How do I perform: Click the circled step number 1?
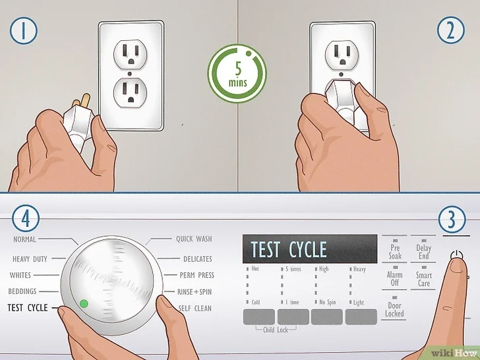point(23,30)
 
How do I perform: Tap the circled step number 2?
point(450,30)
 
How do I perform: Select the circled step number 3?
point(452,219)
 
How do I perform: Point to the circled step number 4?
point(26,219)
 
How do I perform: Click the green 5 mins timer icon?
point(237,73)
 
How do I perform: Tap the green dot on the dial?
point(84,304)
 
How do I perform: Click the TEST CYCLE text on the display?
point(289,249)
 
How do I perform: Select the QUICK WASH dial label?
point(194,239)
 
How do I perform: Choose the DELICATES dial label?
point(198,259)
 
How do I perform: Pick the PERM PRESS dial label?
point(197,275)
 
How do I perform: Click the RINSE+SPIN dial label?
point(195,291)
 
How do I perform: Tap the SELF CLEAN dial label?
point(195,309)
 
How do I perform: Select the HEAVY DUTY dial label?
point(30,259)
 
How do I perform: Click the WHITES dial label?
point(20,275)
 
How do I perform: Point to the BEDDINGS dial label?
point(22,291)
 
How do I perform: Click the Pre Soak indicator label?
point(395,252)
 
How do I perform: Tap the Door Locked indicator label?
point(394,309)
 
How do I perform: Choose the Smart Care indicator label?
point(424,279)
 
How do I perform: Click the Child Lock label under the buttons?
point(276,330)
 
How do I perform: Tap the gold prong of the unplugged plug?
point(86,100)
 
